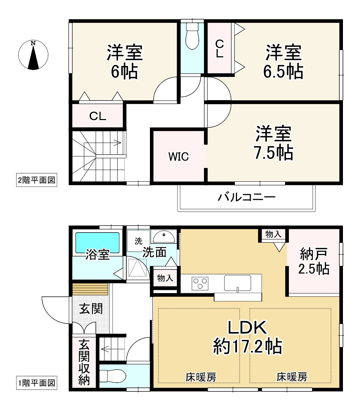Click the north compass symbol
click(33, 55)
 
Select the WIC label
click(178, 157)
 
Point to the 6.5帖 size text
click(283, 72)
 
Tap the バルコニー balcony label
click(247, 198)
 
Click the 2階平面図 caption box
click(37, 180)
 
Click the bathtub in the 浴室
click(97, 243)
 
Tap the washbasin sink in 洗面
click(163, 237)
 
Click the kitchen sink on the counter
click(238, 283)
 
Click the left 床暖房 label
click(201, 377)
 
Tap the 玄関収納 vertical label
click(85, 363)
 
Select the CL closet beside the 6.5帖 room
click(220, 49)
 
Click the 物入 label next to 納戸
click(273, 234)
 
